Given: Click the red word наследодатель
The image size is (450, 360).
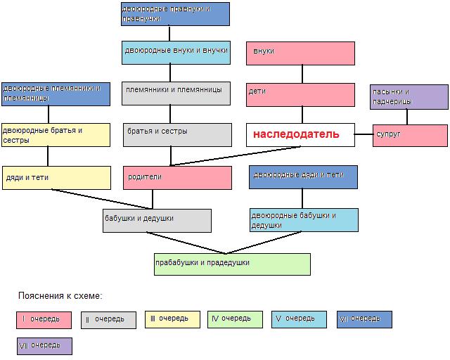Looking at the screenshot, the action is point(296,134).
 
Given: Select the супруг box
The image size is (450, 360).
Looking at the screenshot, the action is point(410,136).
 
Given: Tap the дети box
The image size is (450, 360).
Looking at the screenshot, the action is point(300,95).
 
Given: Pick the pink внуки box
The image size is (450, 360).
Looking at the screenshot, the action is point(300,53).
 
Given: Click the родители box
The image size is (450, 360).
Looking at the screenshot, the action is point(177,178).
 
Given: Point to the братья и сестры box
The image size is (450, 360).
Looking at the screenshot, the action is point(177,135).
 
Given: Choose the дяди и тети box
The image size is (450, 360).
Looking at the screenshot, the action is point(56,178).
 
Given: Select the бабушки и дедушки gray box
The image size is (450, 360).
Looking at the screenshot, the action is point(157,221).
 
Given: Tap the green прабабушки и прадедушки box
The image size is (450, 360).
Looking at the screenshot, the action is point(232,264).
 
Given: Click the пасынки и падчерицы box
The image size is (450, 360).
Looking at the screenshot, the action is point(409,97).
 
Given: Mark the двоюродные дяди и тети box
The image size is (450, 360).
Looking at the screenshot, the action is point(303,177).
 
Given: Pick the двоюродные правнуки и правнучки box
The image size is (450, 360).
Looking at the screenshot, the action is point(175,14).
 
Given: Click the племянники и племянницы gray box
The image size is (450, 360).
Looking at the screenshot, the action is point(176,94).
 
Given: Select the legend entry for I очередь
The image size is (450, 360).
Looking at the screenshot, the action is point(44,320).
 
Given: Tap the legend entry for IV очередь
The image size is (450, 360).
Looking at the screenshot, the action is point(235,319).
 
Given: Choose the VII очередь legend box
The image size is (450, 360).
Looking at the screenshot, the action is point(44,346).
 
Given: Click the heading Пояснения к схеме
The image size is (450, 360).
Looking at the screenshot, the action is point(60,296).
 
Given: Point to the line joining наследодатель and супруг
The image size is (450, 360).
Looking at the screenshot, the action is point(364,134).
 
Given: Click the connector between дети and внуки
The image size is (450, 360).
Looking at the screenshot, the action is point(302,74).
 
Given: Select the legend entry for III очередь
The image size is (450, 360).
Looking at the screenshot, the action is point(172,319).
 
